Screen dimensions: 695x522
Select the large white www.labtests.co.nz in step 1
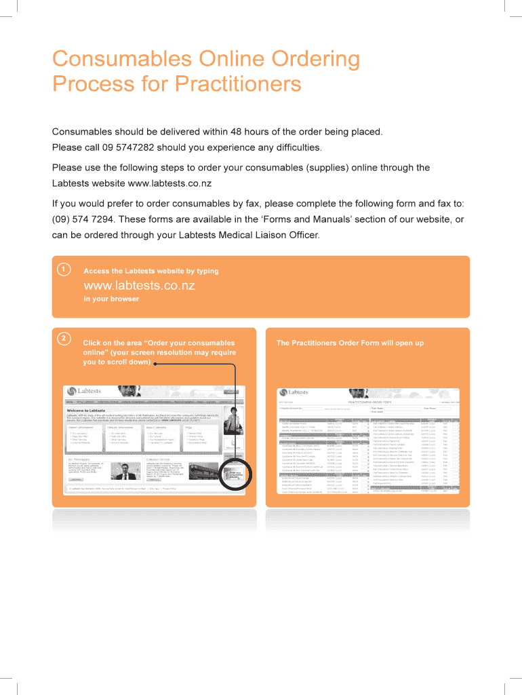point(139,285)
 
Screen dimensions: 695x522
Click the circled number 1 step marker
point(63,270)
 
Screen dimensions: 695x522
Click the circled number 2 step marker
point(63,338)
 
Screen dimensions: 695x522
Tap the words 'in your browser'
point(111,299)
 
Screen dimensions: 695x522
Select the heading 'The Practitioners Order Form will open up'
point(350,343)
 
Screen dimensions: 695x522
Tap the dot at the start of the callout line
point(155,364)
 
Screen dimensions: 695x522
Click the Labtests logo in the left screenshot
point(85,392)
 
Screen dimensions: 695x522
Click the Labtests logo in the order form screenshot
point(293,392)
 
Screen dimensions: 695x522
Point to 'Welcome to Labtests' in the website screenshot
point(85,411)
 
